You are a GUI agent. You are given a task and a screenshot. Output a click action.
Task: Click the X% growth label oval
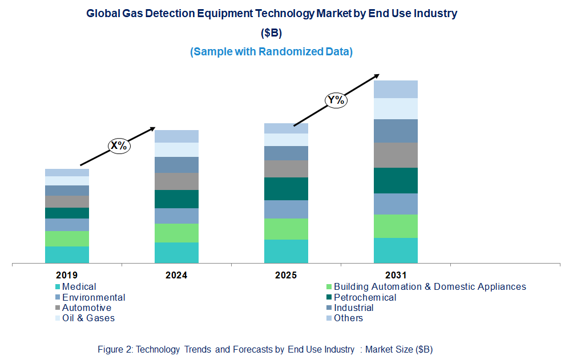pyautogui.click(x=119, y=145)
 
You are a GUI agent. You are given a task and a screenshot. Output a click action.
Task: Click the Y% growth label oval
pyautogui.click(x=336, y=100)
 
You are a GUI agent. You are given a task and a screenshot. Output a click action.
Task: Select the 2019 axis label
pyautogui.click(x=67, y=275)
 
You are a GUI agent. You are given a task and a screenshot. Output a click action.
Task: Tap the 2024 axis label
pyautogui.click(x=176, y=275)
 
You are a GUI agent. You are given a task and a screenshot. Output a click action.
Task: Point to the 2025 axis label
pyautogui.click(x=286, y=275)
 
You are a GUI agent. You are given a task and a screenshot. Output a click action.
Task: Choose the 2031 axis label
pyautogui.click(x=395, y=275)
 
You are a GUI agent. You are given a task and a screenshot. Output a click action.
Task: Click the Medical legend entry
pyautogui.click(x=79, y=287)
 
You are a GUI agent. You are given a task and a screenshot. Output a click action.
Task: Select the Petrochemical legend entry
pyautogui.click(x=365, y=297)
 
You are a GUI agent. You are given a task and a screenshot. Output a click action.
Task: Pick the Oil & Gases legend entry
pyautogui.click(x=88, y=318)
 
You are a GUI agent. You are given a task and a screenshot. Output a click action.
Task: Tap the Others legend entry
pyautogui.click(x=348, y=318)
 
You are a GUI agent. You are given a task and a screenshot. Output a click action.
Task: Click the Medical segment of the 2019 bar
pyautogui.click(x=67, y=254)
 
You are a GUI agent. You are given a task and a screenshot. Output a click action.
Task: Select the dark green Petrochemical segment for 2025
pyautogui.click(x=286, y=188)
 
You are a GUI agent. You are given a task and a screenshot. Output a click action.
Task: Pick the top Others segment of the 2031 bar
pyautogui.click(x=396, y=89)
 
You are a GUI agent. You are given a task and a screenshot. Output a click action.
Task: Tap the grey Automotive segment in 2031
pyautogui.click(x=396, y=155)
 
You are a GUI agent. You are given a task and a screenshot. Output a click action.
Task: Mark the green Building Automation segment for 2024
pyautogui.click(x=177, y=233)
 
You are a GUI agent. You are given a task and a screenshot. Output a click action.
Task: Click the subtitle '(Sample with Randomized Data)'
pyautogui.click(x=271, y=51)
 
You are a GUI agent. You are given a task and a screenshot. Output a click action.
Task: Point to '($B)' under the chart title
pyautogui.click(x=271, y=33)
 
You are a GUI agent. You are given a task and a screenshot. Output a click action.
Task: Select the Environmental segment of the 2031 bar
pyautogui.click(x=396, y=204)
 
